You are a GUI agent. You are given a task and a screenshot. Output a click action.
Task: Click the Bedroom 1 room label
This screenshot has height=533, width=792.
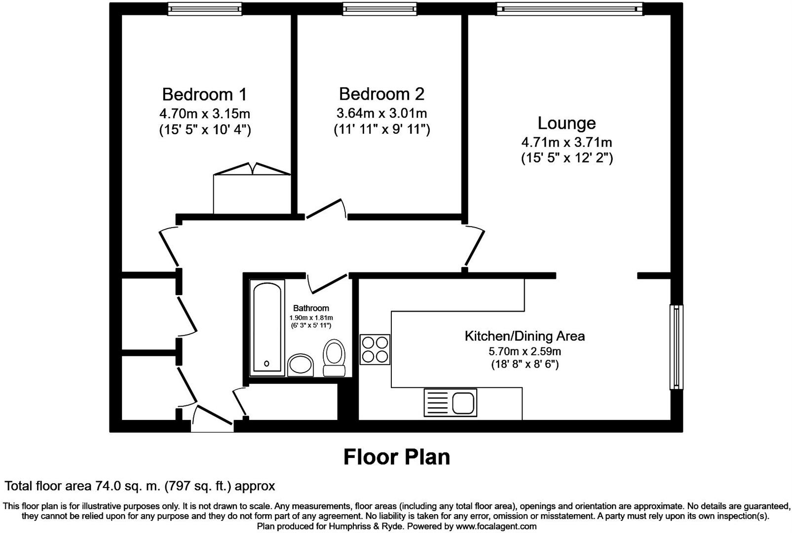[x=204, y=94]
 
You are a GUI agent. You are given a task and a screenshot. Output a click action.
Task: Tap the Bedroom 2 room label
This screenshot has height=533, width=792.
[x=381, y=94]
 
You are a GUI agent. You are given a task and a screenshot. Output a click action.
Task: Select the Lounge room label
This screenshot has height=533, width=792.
[x=566, y=123]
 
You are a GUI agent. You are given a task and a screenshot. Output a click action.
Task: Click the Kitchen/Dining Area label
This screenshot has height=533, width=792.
[x=525, y=336]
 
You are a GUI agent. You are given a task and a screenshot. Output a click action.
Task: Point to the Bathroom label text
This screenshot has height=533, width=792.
[x=311, y=308]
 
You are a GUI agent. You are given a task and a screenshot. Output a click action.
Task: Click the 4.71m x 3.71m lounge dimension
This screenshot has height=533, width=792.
[x=566, y=143]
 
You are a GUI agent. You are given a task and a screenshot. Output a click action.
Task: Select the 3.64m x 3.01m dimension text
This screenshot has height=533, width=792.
[x=381, y=114]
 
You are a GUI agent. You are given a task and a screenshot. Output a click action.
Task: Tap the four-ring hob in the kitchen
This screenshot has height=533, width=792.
[x=375, y=349]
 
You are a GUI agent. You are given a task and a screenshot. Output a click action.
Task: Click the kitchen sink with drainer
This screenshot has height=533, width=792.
[x=450, y=402]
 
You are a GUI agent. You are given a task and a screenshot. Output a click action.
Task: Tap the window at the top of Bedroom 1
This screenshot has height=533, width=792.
[x=204, y=9]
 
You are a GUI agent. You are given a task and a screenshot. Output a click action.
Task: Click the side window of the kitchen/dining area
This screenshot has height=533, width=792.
[x=676, y=347]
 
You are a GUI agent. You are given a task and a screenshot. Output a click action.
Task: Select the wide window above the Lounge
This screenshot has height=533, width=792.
[x=569, y=8]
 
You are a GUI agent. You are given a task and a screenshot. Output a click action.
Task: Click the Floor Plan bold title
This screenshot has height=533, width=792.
[x=397, y=457]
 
